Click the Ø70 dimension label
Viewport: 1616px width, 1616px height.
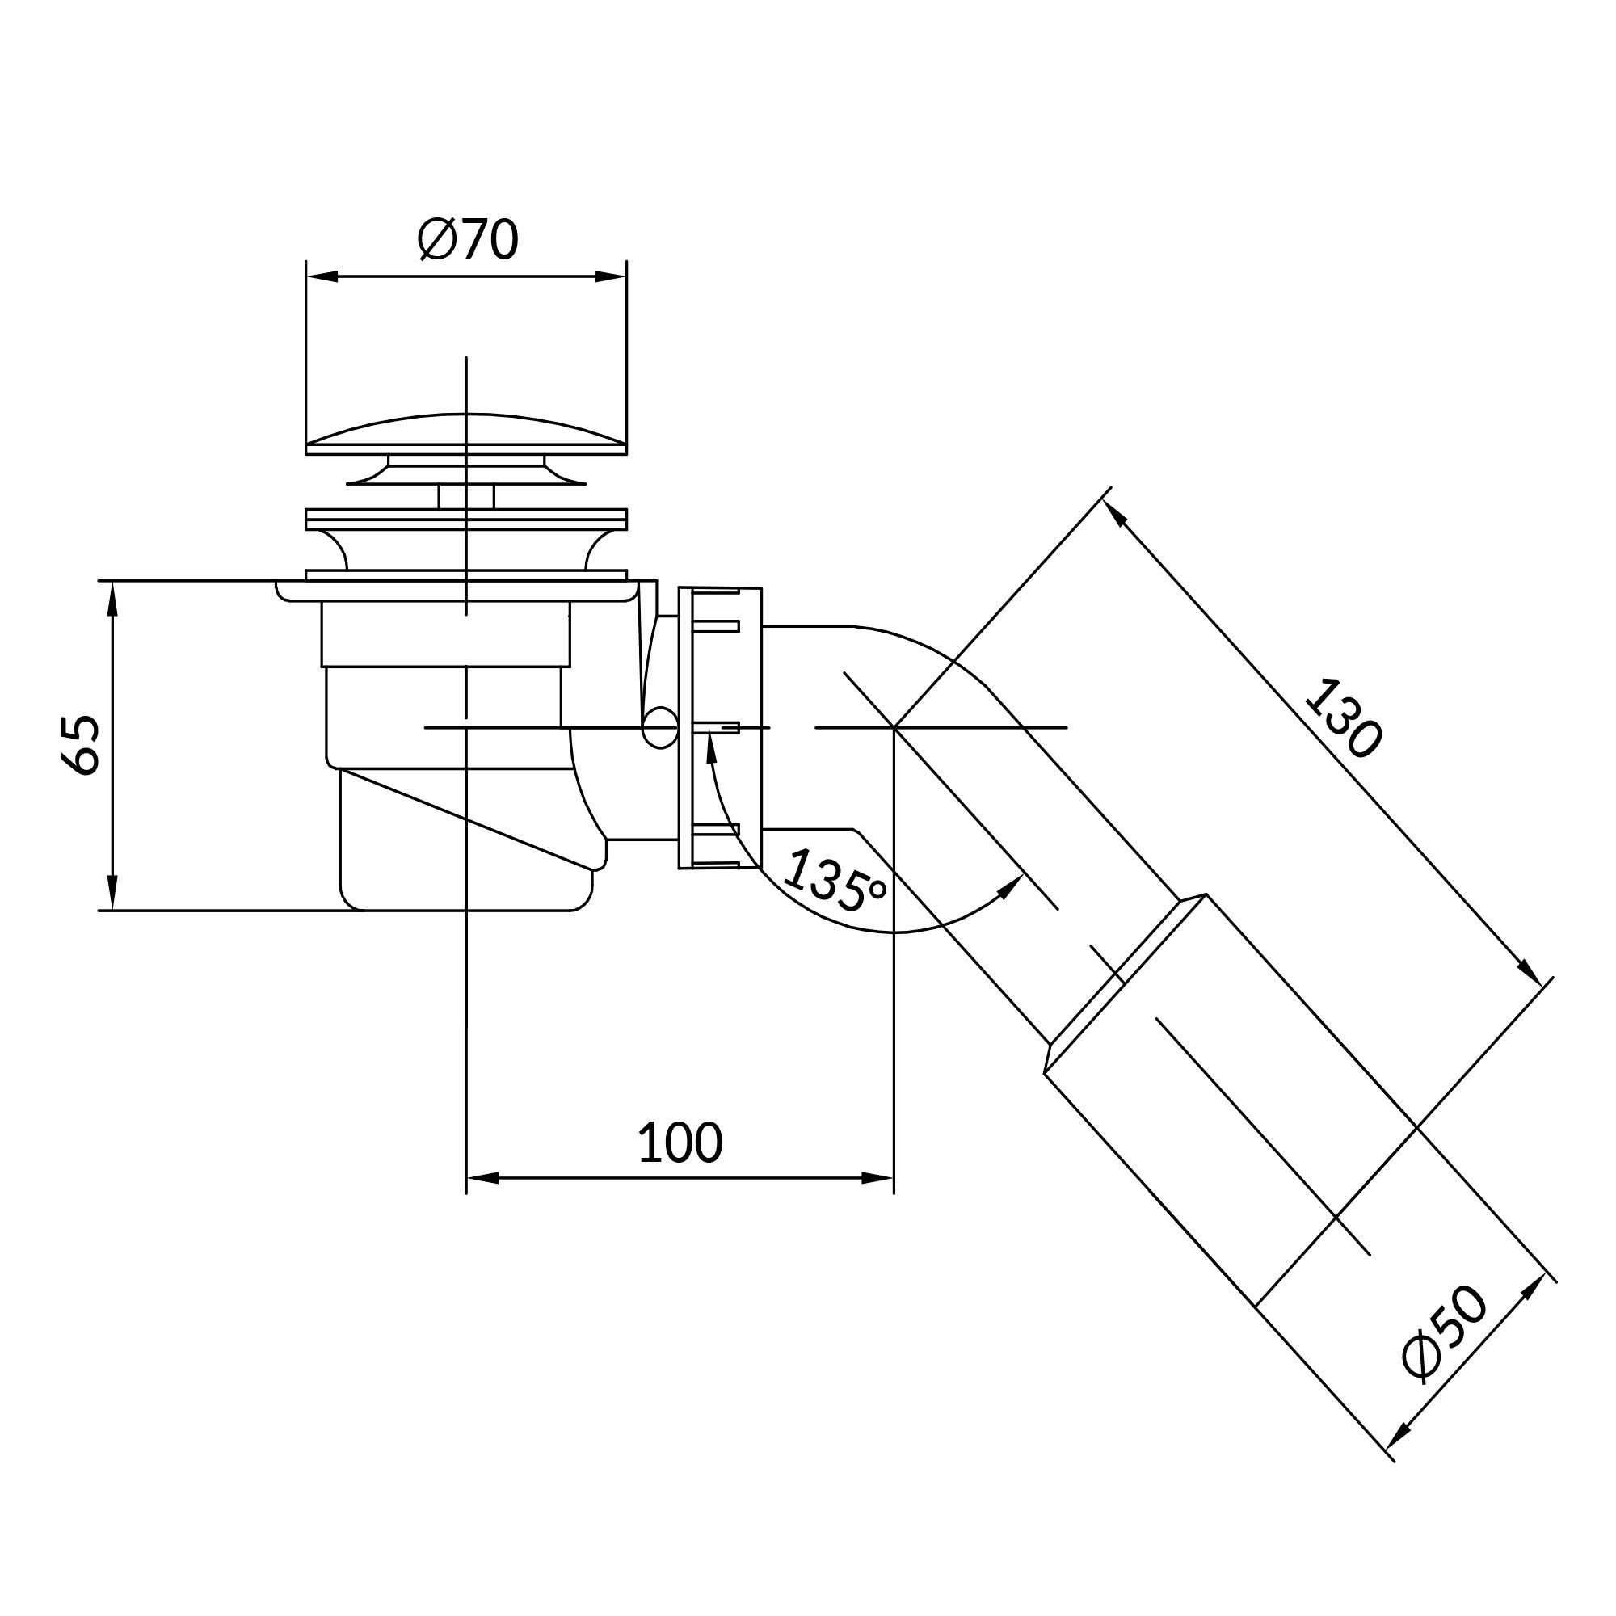point(468,239)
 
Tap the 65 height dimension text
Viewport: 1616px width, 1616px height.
point(81,744)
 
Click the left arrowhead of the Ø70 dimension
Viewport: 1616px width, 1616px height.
point(322,276)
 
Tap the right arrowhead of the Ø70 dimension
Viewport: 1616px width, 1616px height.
point(611,276)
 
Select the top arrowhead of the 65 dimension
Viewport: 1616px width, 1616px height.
point(112,598)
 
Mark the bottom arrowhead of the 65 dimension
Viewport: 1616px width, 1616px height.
point(112,893)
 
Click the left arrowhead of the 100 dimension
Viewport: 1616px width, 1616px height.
point(482,1178)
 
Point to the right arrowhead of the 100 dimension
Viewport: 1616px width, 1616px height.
point(877,1178)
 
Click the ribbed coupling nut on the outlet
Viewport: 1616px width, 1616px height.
point(719,729)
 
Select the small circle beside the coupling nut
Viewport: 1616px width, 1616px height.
point(660,728)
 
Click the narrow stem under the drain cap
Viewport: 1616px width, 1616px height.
point(466,496)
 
